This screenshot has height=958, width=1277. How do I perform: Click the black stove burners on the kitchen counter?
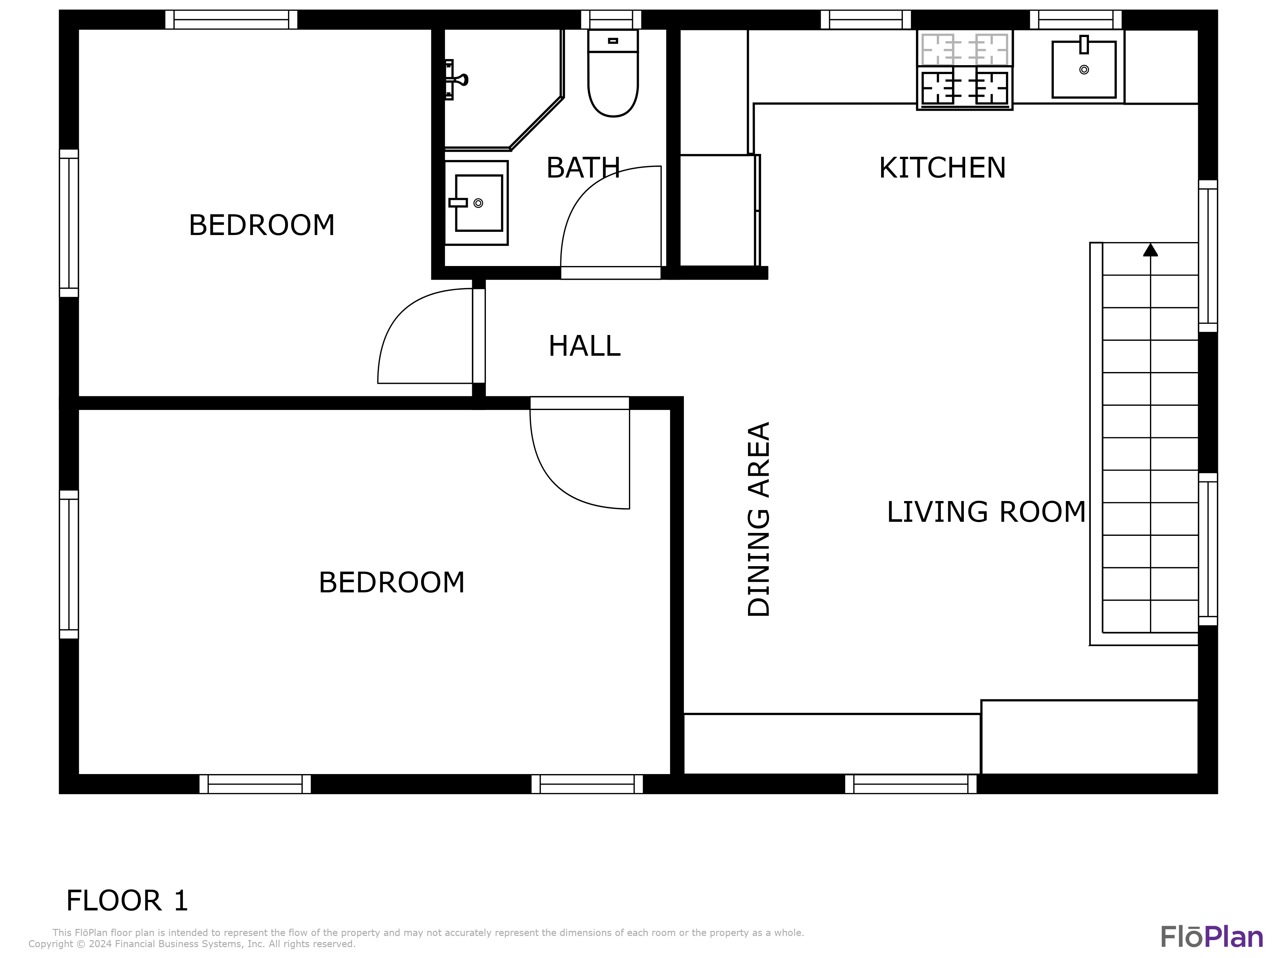tap(964, 87)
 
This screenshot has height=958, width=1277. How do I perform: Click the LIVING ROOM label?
tap(986, 512)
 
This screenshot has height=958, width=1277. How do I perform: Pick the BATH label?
tap(583, 168)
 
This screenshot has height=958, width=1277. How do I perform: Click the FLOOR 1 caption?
tap(127, 901)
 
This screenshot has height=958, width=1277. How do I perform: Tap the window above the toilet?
tap(611, 19)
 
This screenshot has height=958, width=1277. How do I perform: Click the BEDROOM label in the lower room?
tap(391, 583)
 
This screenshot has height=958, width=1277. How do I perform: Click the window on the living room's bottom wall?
tap(911, 784)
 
